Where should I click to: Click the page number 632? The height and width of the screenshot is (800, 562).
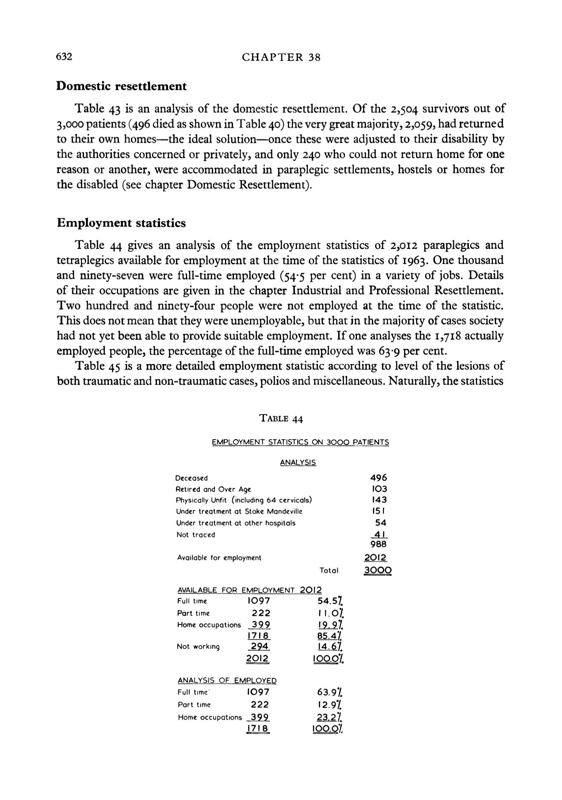[64, 57]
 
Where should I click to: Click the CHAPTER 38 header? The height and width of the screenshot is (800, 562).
[281, 57]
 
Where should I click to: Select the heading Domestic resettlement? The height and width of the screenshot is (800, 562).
[122, 86]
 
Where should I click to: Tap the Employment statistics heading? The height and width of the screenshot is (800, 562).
[121, 223]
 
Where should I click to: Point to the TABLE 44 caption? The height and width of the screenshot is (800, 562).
[281, 419]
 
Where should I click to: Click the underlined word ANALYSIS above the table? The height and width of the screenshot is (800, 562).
[298, 463]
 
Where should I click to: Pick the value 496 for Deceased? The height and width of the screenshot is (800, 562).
[378, 478]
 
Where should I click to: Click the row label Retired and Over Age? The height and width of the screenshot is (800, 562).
[213, 489]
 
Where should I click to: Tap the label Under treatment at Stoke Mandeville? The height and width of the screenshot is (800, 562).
[239, 511]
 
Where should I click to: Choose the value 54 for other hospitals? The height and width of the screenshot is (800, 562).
[380, 523]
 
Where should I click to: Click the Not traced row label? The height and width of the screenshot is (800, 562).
[195, 535]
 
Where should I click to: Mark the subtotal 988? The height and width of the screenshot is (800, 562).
[378, 544]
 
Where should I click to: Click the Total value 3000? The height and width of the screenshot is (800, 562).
[378, 570]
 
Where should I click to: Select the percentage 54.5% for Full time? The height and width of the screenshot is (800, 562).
[330, 601]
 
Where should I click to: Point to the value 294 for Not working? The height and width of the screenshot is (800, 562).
[258, 646]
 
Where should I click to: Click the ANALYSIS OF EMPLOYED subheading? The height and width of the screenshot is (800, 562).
[227, 681]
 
